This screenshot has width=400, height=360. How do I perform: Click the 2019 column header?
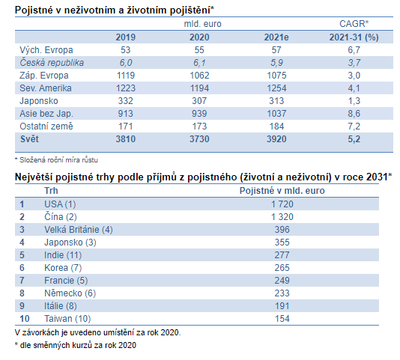[x=126, y=37]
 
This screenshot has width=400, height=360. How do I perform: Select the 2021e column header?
[x=276, y=37]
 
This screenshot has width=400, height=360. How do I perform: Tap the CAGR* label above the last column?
[x=354, y=24]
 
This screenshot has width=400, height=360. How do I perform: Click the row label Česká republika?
[x=52, y=63]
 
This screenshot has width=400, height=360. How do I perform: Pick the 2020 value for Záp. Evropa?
[x=199, y=76]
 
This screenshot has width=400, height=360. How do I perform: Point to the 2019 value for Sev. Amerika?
[x=126, y=88]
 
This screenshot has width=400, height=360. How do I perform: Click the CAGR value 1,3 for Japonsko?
[x=354, y=101]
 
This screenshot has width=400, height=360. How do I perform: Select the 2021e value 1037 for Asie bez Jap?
[x=276, y=114]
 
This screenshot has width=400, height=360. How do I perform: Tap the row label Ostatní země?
[x=46, y=126]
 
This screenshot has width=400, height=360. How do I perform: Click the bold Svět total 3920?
[x=276, y=139]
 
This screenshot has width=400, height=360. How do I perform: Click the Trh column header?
[x=51, y=191]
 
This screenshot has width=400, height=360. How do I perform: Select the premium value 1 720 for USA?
[x=282, y=204]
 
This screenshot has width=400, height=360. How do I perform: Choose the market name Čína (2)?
[x=61, y=217]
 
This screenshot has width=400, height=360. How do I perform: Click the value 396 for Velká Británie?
[x=282, y=230]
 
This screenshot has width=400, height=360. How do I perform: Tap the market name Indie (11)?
[x=63, y=255]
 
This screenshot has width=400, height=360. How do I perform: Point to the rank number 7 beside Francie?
[x=22, y=281]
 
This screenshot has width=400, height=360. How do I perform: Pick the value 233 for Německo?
[x=282, y=293]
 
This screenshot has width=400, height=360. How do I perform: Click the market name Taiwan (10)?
[x=67, y=319]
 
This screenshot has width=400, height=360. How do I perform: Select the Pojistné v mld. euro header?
[x=282, y=191]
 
